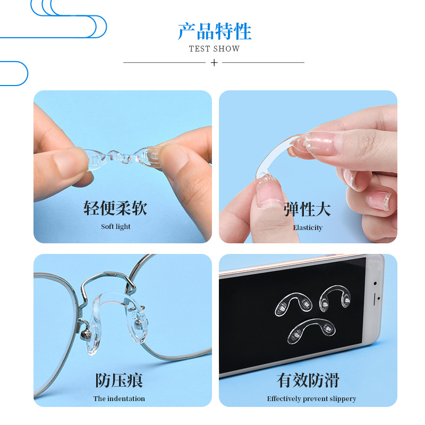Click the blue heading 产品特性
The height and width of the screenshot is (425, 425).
(214, 31)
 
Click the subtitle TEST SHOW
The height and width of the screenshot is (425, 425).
(214, 49)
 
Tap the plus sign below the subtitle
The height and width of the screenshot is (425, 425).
(214, 63)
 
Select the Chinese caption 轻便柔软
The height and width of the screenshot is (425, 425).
(115, 208)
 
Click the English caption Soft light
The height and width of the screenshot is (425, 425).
(116, 227)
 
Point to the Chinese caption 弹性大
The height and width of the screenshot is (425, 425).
(307, 209)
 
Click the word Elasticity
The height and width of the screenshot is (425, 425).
(308, 227)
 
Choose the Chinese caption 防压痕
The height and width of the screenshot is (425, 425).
(119, 380)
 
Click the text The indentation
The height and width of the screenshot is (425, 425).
(119, 398)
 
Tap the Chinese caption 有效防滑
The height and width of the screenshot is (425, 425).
(308, 380)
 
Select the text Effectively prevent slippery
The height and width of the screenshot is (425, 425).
(311, 398)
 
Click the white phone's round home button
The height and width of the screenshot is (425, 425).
(377, 298)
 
